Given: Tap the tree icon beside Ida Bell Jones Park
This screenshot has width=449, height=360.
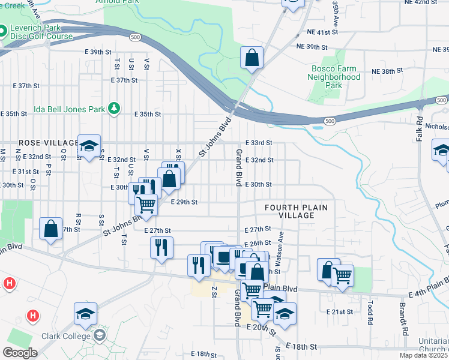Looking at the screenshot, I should click(112, 109).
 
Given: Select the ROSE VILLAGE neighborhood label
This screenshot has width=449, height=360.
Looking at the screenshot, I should click(40, 143).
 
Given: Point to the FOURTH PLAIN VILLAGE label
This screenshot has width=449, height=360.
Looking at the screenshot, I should click(297, 212).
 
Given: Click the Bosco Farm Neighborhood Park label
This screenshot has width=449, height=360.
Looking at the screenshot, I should click(335, 77).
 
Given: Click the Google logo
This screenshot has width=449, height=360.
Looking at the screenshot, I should click(19, 353).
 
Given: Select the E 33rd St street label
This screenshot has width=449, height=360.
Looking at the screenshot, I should click(259, 143).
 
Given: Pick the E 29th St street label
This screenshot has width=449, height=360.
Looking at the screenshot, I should click(184, 203).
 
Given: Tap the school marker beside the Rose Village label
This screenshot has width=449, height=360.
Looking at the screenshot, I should click(89, 146).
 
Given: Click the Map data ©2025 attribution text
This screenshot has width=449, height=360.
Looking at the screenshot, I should click(423, 355).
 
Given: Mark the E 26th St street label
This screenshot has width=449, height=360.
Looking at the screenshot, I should click(259, 243).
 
